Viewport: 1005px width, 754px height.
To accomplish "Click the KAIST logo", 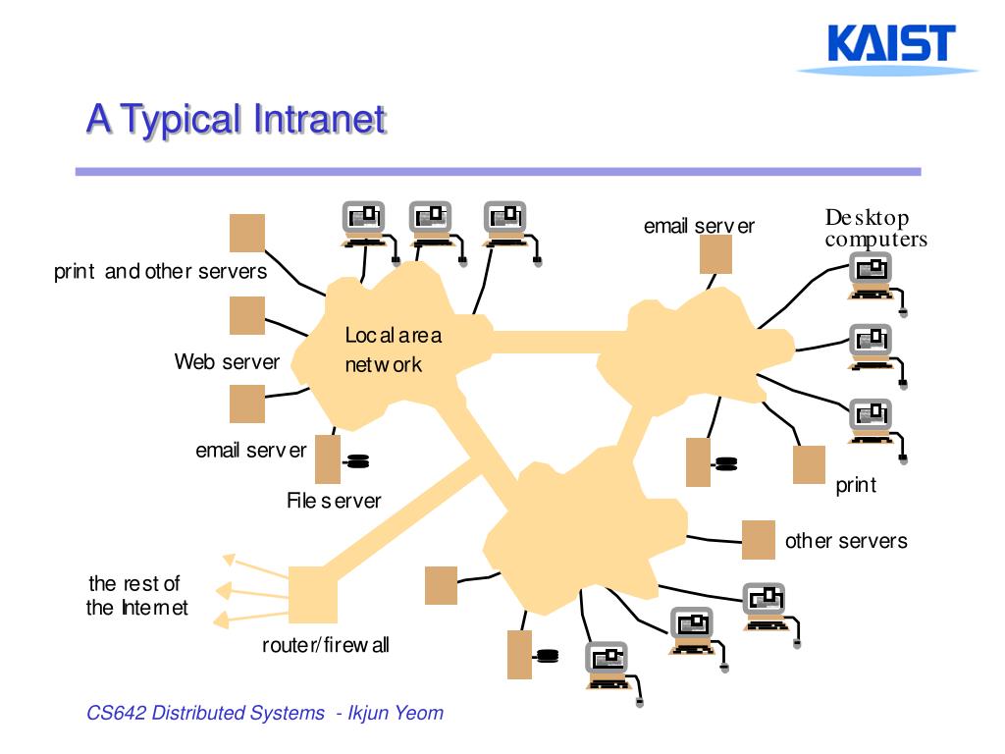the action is pos(890,49).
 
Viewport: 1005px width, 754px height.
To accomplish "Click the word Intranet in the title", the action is pos(320,119).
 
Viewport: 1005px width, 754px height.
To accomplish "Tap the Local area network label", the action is pos(393,350).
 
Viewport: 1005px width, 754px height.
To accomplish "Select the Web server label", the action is pos(227,361).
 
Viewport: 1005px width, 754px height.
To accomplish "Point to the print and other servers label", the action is pos(160,271).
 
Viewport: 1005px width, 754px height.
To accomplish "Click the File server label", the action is pos(334,500).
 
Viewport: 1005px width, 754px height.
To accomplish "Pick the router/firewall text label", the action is pos(326,644).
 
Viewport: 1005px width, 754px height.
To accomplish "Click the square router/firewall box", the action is pos(313,595).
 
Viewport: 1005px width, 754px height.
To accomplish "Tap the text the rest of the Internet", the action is pos(136,595).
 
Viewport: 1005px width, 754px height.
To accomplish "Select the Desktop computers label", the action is pos(875,228).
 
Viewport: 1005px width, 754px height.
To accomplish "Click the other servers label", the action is pos(846,541).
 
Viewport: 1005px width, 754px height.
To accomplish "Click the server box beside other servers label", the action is pos(759,540).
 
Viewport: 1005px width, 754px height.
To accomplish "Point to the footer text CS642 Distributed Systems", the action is pos(206,713).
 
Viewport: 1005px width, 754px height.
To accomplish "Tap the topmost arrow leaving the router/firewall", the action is pos(255,566).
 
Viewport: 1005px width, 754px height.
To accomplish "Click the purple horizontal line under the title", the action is pos(498,171).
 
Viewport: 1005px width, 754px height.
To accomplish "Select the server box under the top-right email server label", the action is pos(715,254).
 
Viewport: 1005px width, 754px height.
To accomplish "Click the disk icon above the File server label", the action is pos(356,461).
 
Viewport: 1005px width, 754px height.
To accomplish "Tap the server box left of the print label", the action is pos(809,464).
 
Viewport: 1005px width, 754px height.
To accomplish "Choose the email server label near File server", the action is pos(251,450).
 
